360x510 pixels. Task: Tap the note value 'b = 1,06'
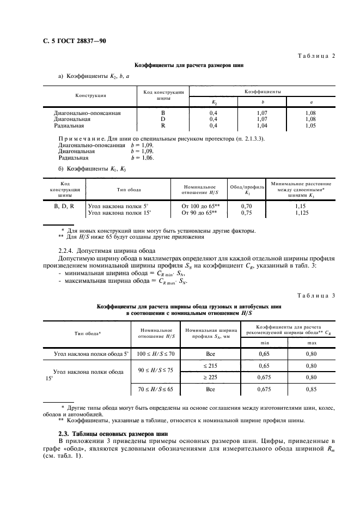click(142, 157)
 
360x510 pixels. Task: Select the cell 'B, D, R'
click(64, 207)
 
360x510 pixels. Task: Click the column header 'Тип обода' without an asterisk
click(129, 190)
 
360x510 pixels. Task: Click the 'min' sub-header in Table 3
click(264, 342)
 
